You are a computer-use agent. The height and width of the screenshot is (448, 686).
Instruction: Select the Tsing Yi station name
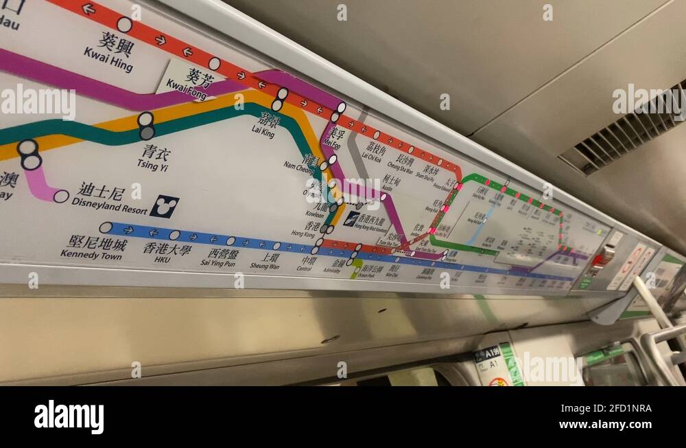coord(155,157)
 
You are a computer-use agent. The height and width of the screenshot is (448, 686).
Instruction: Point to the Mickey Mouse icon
coord(164,205)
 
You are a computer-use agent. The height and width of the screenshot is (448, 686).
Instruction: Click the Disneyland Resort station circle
coord(61,197)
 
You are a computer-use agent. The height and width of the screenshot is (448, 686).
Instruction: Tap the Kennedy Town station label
coord(93,248)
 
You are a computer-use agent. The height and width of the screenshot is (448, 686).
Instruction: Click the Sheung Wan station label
coord(265,262)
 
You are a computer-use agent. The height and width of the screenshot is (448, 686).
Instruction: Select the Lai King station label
coord(264,126)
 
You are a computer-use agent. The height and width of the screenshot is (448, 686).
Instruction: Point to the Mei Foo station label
coord(333,137)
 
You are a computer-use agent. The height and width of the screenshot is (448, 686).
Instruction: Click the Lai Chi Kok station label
coord(374,153)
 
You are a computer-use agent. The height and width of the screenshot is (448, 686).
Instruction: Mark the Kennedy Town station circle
coord(106,227)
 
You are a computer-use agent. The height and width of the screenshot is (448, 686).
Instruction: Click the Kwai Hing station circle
coord(124,25)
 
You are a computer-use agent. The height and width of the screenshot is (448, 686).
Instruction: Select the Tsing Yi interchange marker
coord(146,126)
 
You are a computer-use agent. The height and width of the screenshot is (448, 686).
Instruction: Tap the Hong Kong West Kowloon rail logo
coord(351,219)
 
